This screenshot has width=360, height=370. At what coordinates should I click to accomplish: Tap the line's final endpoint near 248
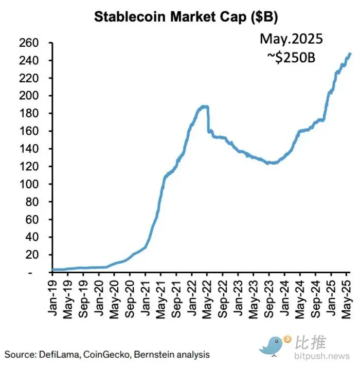click(350, 54)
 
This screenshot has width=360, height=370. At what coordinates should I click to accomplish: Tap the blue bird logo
click(273, 344)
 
